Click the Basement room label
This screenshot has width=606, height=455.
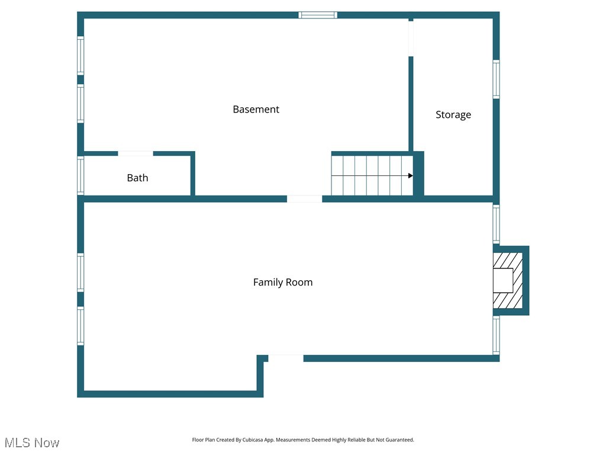pos(256,109)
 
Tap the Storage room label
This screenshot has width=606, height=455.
pos(453,114)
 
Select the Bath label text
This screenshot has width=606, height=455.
pos(137,178)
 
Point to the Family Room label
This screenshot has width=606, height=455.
pos(283,282)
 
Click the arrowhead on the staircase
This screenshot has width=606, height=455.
pos(410,176)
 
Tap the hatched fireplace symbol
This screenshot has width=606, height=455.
pos(508,280)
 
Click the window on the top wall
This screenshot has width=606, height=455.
pos(318,15)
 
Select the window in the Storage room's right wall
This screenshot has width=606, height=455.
pos(496,79)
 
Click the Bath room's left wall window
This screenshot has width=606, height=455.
pos(80,175)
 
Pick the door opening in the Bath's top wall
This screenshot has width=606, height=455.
pos(136,153)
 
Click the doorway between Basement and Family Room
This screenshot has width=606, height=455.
pos(305,199)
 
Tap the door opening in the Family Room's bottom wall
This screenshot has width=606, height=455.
pos(286,358)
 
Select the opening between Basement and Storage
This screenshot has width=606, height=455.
pos(411,38)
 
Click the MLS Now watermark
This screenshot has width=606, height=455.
pos(32,443)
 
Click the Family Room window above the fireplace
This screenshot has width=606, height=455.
pos(496,223)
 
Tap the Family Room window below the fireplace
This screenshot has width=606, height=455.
pos(496,335)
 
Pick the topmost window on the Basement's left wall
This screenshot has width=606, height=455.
pos(80,56)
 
